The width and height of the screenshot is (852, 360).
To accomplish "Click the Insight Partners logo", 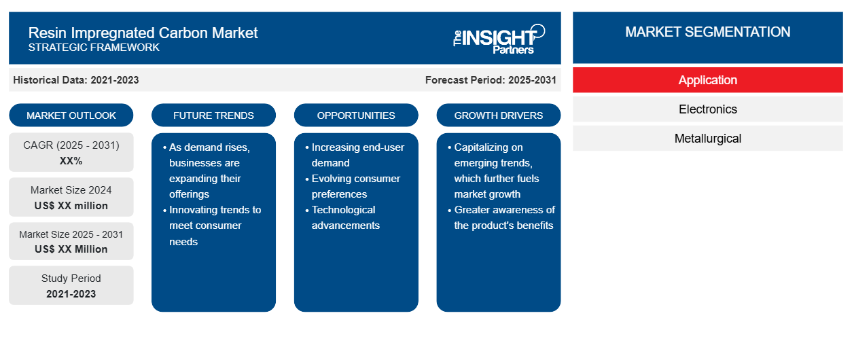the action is [499, 39].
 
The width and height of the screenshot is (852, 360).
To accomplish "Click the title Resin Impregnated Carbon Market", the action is [143, 33].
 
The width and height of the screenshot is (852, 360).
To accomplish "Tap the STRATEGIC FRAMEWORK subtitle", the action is [94, 48].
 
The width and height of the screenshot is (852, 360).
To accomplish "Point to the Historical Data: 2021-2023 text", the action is [76, 80].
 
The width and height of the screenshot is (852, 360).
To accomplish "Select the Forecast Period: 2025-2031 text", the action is [491, 80].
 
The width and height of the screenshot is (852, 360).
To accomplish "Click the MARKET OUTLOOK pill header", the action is [71, 115].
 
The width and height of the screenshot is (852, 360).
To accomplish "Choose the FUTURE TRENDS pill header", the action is [213, 115].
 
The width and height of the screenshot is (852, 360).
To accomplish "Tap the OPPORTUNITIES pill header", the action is [356, 115].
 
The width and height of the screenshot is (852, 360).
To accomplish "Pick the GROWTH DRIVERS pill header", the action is [499, 115].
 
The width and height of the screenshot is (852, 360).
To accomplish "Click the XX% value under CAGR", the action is [71, 161].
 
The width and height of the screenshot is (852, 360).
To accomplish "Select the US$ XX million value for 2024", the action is [71, 206].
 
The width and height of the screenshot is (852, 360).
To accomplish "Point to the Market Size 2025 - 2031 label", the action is [71, 234].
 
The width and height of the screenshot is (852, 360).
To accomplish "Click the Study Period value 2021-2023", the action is [71, 294].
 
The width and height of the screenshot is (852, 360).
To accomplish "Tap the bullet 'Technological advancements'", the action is [342, 217].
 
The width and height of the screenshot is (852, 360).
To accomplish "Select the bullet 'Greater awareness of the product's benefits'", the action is [501, 217].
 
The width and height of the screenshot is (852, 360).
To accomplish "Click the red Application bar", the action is [708, 80].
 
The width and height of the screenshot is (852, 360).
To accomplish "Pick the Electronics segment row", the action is [708, 109].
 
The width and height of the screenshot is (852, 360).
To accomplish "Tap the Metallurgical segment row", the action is [708, 139].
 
